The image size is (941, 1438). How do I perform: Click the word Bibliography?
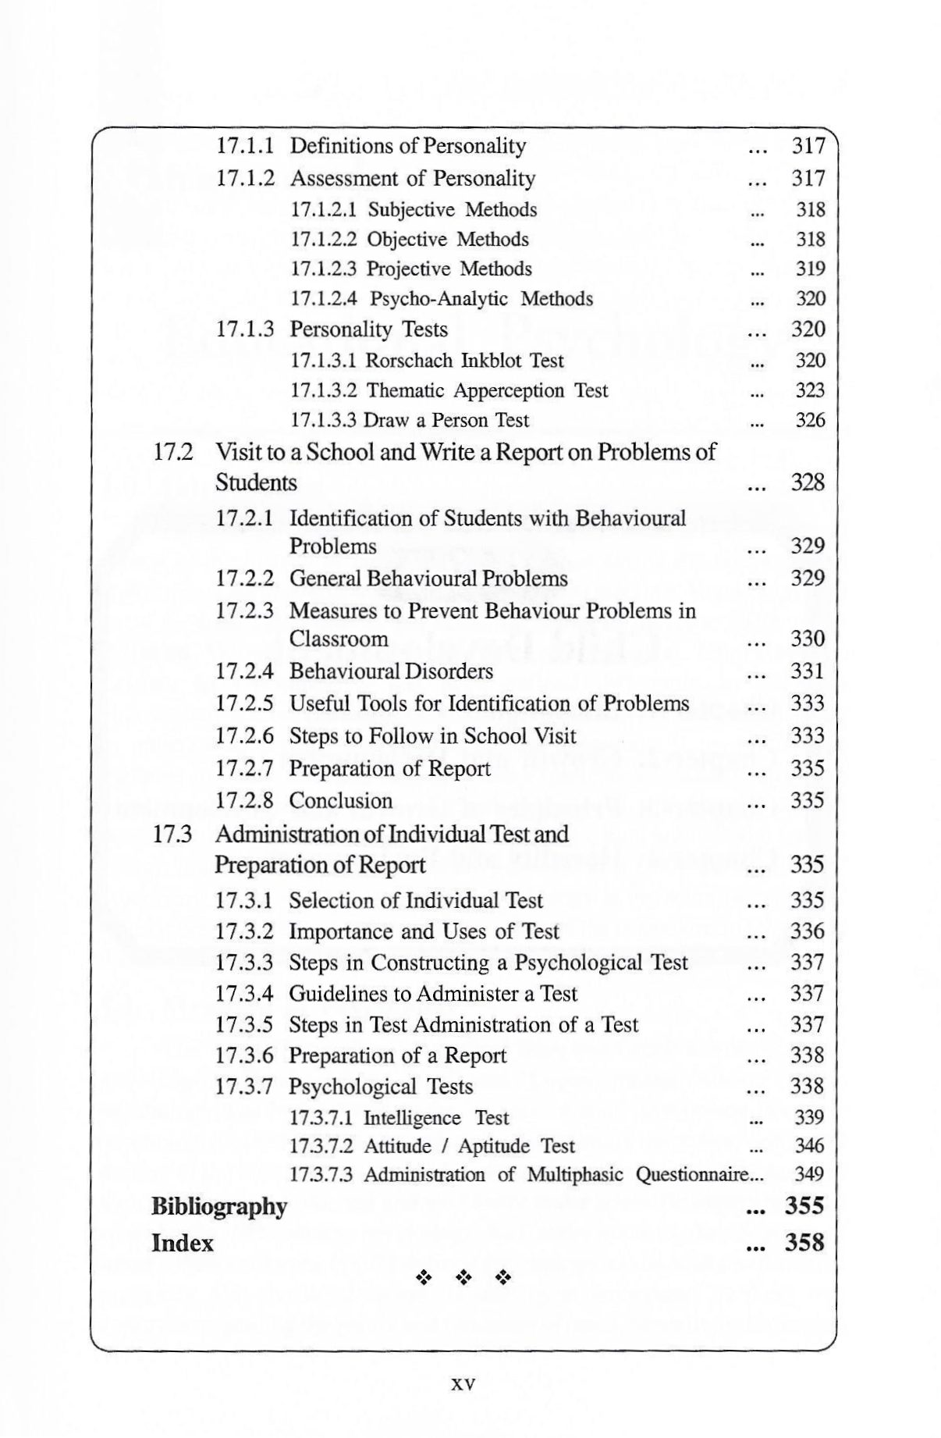coord(219,1207)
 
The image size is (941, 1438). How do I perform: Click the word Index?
coord(182,1243)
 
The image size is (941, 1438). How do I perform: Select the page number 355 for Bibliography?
coord(804,1206)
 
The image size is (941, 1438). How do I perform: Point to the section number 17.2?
coord(172,451)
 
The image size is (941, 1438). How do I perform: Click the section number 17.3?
coord(172,834)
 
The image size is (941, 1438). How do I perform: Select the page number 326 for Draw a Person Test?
coord(810,420)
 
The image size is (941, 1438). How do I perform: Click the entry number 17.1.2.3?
coord(324,269)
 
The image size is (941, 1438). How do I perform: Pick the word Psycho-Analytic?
coord(439,299)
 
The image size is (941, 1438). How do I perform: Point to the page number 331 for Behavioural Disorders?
coord(808,671)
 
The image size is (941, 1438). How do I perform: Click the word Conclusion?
coord(341,801)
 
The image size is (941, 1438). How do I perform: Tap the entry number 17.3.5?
coord(244,1024)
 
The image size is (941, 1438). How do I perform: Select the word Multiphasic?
coord(575,1175)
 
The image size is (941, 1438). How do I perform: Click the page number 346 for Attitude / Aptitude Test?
coord(809,1146)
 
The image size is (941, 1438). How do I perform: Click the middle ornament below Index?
coord(463,1278)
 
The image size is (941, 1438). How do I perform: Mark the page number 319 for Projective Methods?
coord(810,269)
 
